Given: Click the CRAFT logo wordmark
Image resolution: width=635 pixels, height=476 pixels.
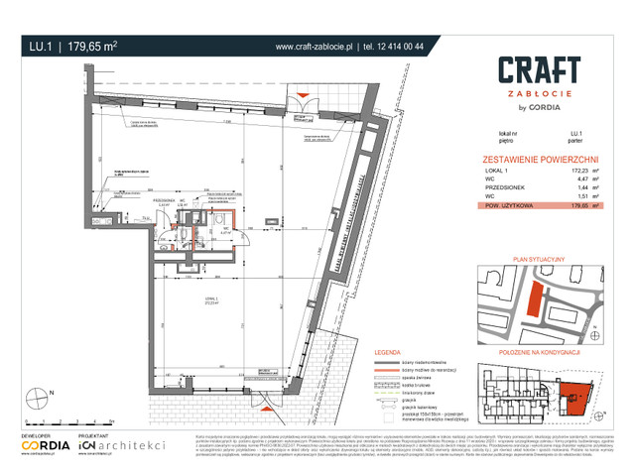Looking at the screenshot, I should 538,69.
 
